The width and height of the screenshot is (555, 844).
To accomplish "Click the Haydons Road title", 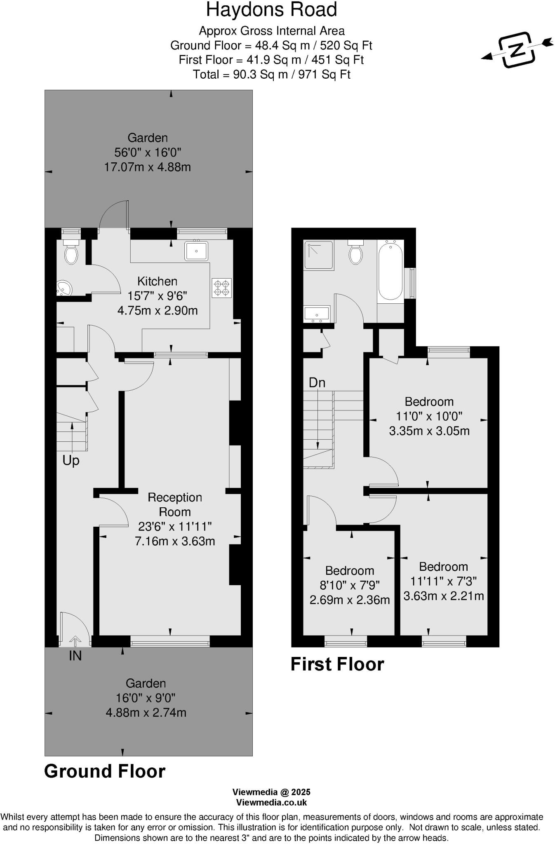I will (271, 10).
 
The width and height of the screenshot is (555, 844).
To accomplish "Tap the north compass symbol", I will (517, 49).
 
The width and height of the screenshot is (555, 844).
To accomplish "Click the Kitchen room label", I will (157, 281).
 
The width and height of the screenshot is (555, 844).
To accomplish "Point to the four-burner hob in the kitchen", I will (221, 288).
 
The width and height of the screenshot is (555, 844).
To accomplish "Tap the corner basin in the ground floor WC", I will (63, 288).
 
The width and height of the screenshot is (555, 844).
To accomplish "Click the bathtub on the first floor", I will (390, 271).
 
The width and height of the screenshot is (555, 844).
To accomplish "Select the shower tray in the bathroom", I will (319, 255).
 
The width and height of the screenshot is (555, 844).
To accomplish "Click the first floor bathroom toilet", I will (355, 253).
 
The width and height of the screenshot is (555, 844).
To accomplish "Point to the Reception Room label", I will (175, 504).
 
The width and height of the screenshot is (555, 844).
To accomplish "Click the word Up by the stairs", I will (71, 460).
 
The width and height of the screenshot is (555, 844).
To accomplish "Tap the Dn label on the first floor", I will (317, 383).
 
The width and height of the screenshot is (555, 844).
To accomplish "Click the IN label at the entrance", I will (75, 656).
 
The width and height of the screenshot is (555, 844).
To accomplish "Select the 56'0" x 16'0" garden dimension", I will (148, 152).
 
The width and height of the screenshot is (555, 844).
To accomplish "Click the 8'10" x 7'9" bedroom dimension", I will (350, 585).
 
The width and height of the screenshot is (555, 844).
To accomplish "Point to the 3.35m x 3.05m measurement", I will (429, 431).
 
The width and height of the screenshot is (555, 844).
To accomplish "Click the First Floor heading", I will (337, 664).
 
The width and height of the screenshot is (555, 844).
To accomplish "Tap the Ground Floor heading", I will (105, 771).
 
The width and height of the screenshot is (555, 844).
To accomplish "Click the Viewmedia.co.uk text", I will (271, 802).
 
